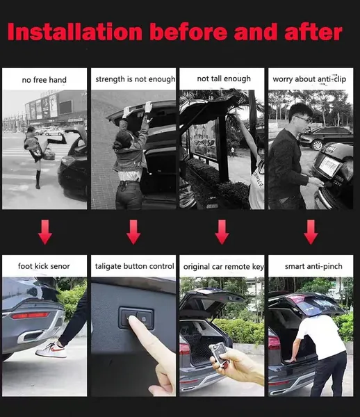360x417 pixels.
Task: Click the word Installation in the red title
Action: [75, 32]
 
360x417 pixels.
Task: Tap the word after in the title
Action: [313, 32]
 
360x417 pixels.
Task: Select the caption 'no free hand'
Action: [44, 80]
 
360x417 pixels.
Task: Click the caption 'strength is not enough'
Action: [135, 79]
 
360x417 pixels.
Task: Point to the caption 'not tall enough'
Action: [224, 79]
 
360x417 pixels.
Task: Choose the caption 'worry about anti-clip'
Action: [309, 79]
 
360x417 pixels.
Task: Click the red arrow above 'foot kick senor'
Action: [45, 232]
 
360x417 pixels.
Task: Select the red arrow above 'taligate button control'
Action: [133, 232]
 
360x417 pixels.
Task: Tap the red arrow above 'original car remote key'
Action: [222, 232]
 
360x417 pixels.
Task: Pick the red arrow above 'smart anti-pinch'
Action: [311, 232]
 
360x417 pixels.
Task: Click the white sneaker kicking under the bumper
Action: [51, 350]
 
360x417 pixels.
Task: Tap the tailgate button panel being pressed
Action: [136, 318]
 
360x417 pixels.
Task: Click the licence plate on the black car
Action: [330, 166]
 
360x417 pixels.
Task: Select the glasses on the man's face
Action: [304, 119]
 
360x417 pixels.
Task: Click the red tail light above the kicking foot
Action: [30, 316]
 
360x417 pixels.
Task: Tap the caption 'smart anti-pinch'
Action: [313, 266]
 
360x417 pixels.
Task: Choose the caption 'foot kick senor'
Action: [44, 266]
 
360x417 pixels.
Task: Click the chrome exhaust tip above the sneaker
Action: [31, 336]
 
